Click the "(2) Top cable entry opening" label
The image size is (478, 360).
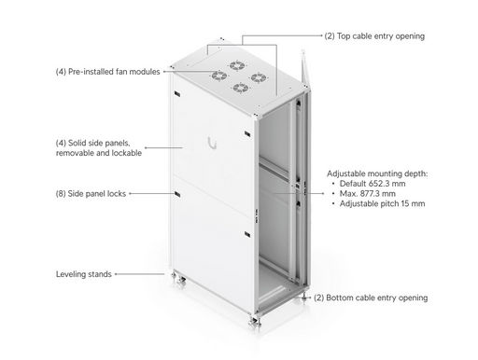[x=374, y=36]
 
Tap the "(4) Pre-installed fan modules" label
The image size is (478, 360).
[x=107, y=72]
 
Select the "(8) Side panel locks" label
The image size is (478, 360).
[x=91, y=194]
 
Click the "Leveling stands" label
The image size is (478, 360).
[x=84, y=274]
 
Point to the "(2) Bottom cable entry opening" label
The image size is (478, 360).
[x=371, y=298]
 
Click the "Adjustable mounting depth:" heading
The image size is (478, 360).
[x=377, y=173]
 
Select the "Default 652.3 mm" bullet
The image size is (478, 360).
[x=373, y=184]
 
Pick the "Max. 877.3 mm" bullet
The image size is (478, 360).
[x=368, y=194]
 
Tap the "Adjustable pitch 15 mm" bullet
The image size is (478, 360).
[x=382, y=203]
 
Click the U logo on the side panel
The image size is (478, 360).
[x=213, y=144]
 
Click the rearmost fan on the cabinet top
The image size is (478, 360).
[x=237, y=65]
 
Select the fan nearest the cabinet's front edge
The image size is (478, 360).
[x=241, y=88]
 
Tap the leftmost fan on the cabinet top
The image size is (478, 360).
[x=219, y=76]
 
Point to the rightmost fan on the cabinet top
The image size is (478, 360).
[x=259, y=77]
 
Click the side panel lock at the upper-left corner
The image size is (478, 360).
[x=177, y=94]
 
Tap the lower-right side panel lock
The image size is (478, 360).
[x=247, y=234]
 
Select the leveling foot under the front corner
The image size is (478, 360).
[x=255, y=322]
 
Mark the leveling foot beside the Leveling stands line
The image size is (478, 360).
[x=178, y=279]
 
